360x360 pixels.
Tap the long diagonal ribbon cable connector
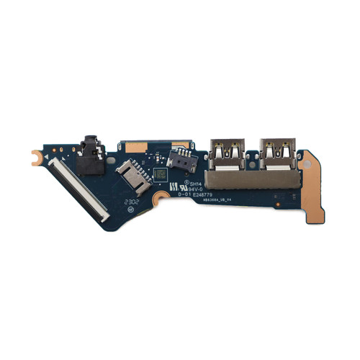(x=80, y=189)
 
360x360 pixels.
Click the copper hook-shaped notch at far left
(x=35, y=155)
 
